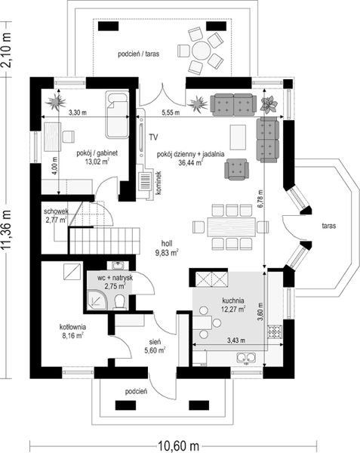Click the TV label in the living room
tap(153, 137)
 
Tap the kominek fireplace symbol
tap(145, 181)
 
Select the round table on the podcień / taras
tap(201, 51)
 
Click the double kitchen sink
tap(246, 358)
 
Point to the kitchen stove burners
tap(274, 331)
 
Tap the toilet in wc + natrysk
tap(119, 302)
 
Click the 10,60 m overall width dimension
tap(178, 445)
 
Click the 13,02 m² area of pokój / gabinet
tap(97, 162)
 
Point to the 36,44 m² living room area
tap(190, 162)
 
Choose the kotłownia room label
tap(72, 327)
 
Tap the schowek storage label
tap(56, 211)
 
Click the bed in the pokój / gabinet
tap(117, 115)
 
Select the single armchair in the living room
tap(236, 169)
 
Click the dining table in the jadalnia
tap(231, 227)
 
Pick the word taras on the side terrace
tap(329, 226)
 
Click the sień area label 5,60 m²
tap(155, 350)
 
